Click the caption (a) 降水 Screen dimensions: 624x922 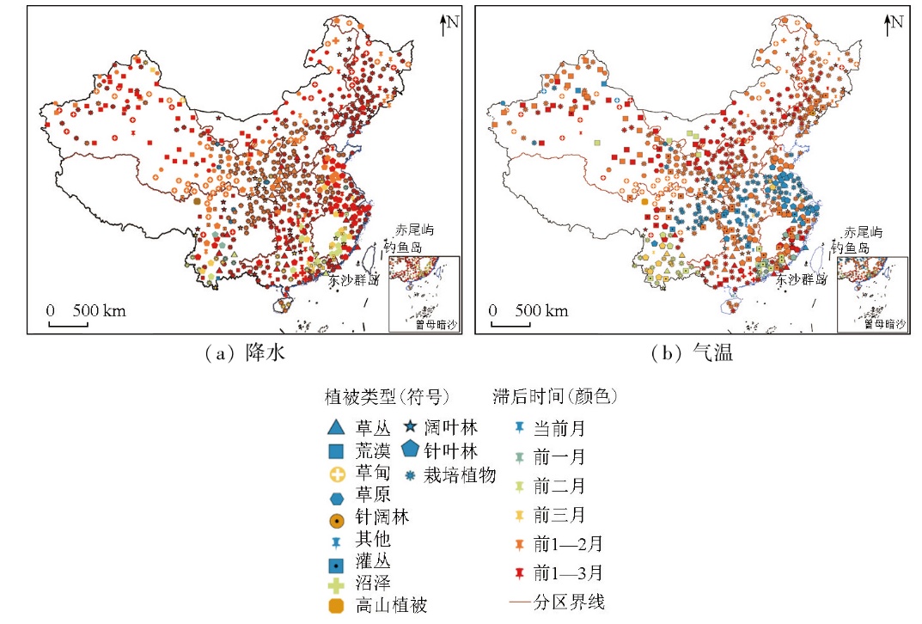(235, 352)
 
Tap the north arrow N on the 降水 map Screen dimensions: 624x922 (447, 23)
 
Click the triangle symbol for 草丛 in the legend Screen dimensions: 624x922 (337, 427)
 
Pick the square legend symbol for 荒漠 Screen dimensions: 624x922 (337, 450)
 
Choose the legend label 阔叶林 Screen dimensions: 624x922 (457, 427)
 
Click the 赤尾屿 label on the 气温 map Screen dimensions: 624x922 (862, 232)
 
